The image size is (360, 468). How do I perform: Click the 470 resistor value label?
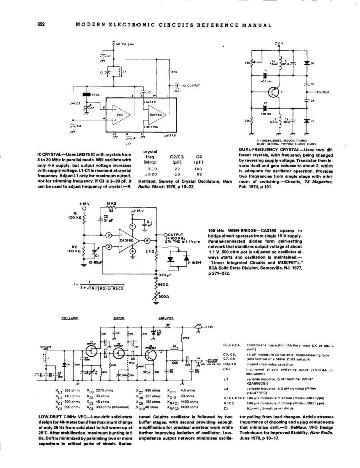pos(177,72)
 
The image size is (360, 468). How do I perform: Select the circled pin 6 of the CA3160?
pos(147,240)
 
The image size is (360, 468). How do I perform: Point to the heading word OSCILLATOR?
pos(70,318)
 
